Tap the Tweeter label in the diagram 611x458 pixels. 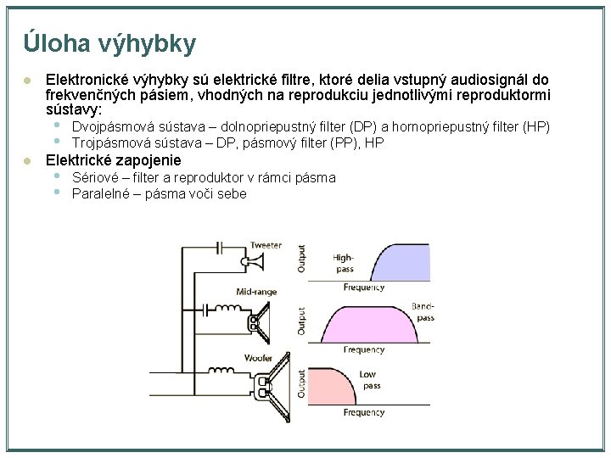(x=265, y=245)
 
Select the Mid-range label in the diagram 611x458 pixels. (x=256, y=293)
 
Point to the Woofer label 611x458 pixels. (x=258, y=358)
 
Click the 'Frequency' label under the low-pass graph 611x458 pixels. (x=364, y=412)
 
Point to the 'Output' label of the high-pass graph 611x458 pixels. (x=301, y=259)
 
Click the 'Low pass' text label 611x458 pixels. (x=370, y=380)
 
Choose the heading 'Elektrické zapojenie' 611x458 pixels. (x=113, y=160)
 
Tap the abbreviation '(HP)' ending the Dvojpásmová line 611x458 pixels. (x=536, y=127)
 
